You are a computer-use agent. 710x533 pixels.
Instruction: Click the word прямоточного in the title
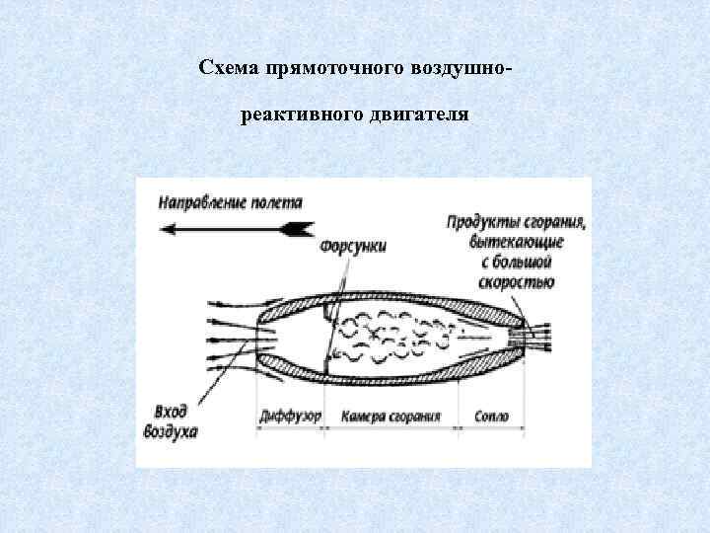tap(309, 68)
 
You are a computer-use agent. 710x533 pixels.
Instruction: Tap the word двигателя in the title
tap(415, 116)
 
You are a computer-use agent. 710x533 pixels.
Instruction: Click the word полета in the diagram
tap(279, 202)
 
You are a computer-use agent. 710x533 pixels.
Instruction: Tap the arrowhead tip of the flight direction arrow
tap(164, 228)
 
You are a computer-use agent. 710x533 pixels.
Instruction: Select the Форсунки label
tap(353, 246)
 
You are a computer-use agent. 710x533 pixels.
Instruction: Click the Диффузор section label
tap(290, 416)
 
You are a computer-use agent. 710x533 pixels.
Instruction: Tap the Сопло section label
tap(489, 416)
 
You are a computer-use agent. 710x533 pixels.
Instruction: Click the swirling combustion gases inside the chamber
tap(390, 337)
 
